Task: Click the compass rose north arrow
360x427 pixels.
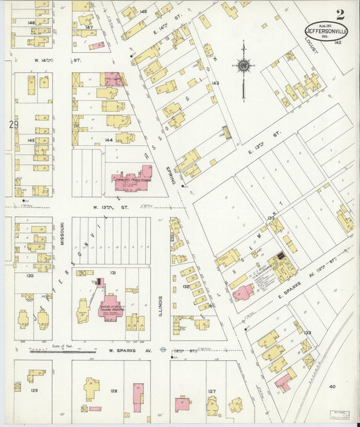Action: pyautogui.click(x=242, y=66)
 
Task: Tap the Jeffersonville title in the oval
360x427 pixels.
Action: pyautogui.click(x=326, y=30)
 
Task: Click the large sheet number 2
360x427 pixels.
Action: pyautogui.click(x=340, y=14)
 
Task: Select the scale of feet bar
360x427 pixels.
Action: pyautogui.click(x=62, y=351)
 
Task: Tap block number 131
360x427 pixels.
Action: pyautogui.click(x=113, y=272)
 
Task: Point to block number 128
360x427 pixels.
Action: pyautogui.click(x=113, y=391)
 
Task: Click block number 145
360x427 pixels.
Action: pyautogui.click(x=30, y=140)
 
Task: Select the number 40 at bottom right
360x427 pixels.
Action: pyautogui.click(x=332, y=386)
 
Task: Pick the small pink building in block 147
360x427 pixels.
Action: pyautogui.click(x=98, y=45)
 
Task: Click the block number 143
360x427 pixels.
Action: pyautogui.click(x=215, y=83)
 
